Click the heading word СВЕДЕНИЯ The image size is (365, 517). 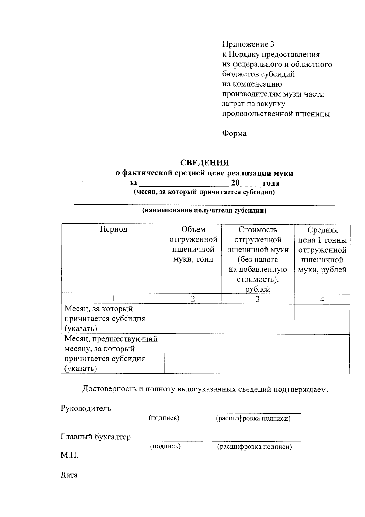tap(204, 163)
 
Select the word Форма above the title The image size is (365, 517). tap(234, 133)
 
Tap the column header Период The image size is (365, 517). tap(113, 229)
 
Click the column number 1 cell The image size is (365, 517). tap(113, 299)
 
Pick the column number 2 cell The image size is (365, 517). tap(193, 299)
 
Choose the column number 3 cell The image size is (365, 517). tap(257, 299)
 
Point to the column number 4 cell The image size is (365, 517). tap(322, 299)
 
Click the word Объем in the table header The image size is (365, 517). tap(193, 229)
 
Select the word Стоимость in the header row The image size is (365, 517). tap(258, 229)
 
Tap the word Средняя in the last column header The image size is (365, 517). tap(322, 230)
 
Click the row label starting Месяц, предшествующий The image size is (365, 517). tap(111, 339)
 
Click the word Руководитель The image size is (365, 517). tap(86, 408)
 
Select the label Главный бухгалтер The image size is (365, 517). tap(96, 437)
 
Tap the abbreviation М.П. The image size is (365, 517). tap(69, 455)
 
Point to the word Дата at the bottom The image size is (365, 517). tap(69, 475)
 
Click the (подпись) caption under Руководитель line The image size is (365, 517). tap(164, 418)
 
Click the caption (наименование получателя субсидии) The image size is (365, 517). tap(204, 211)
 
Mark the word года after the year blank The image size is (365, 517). tap(271, 183)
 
